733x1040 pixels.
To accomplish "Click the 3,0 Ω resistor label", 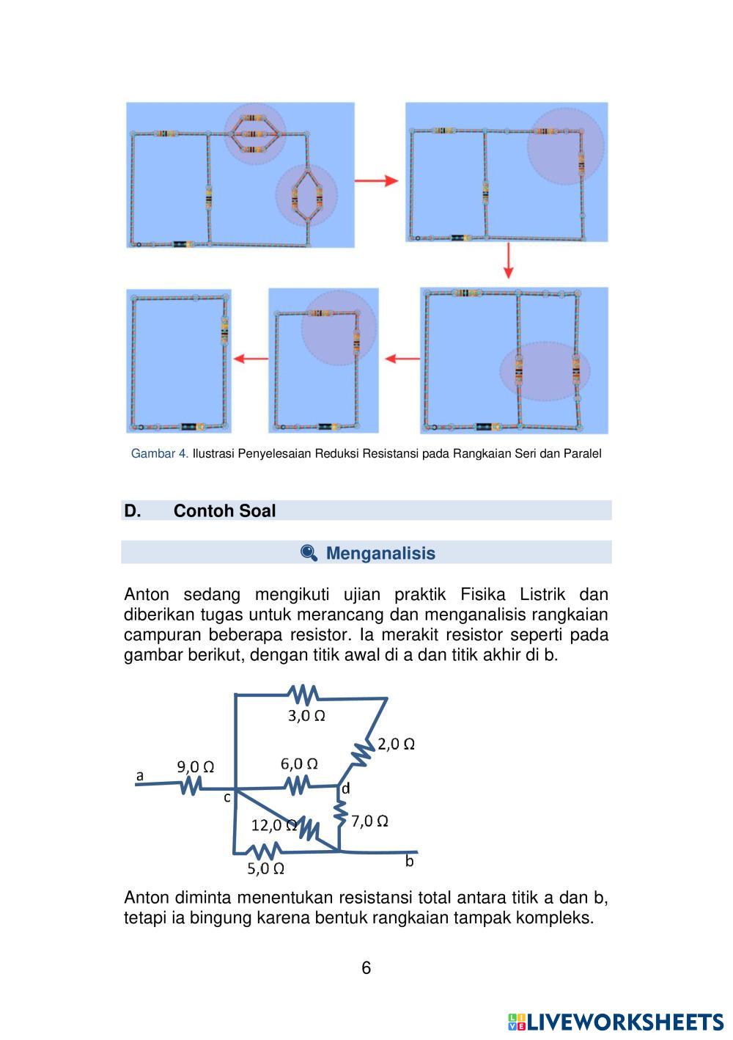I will tap(306, 716).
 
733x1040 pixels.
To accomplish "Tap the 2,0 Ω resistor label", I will tap(397, 744).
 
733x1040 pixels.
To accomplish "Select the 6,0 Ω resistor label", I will tap(299, 763).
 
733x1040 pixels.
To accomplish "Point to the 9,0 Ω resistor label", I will tap(195, 767).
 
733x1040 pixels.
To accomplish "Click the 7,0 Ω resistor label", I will tap(369, 821).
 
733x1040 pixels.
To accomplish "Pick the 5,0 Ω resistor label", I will tap(265, 869).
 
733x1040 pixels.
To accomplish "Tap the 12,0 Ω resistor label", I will tap(273, 826).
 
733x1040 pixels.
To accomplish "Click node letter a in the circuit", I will tap(139, 774).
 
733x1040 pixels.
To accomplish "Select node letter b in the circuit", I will tap(409, 861).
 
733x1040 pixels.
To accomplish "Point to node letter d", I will tap(345, 789).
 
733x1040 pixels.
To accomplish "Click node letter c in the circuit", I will tap(227, 797).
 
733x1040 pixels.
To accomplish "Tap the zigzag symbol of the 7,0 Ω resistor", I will tap(340, 813).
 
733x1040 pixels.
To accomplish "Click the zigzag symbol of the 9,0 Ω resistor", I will tap(191, 785).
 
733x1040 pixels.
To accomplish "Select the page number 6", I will tap(366, 968).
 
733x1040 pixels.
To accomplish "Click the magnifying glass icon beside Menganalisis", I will tap(309, 553).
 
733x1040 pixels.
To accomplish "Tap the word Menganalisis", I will tap(380, 554).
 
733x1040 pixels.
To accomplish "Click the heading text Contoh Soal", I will tap(224, 511).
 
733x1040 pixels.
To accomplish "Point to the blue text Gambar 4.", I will tap(159, 454).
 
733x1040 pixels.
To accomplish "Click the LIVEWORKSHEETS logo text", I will tap(624, 1022).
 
